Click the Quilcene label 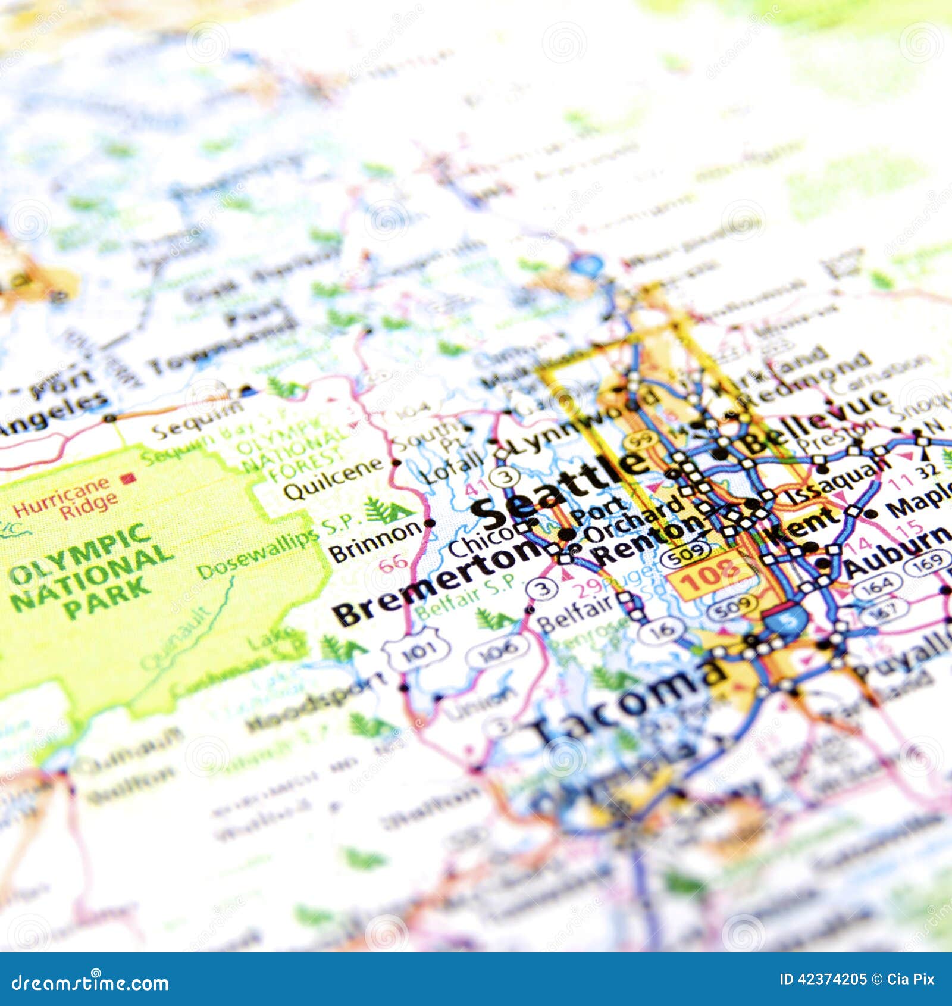point(333,479)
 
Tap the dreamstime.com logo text point(90,983)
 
